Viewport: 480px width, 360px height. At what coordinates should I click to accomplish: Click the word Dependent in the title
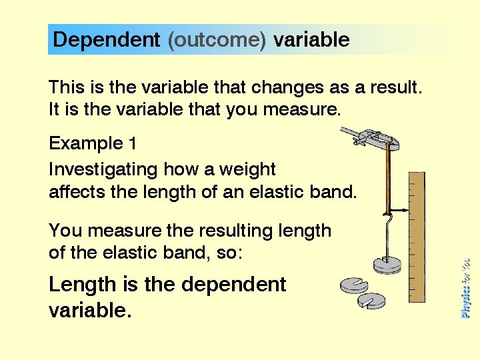[x=106, y=40]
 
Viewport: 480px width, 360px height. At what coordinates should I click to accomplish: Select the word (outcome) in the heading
[x=217, y=40]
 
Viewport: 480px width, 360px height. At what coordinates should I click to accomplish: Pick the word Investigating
[x=103, y=169]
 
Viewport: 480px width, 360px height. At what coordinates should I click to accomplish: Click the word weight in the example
[x=248, y=169]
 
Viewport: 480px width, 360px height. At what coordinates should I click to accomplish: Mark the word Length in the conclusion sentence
[x=83, y=285]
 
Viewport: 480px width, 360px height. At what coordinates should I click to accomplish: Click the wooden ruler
[x=415, y=240]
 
